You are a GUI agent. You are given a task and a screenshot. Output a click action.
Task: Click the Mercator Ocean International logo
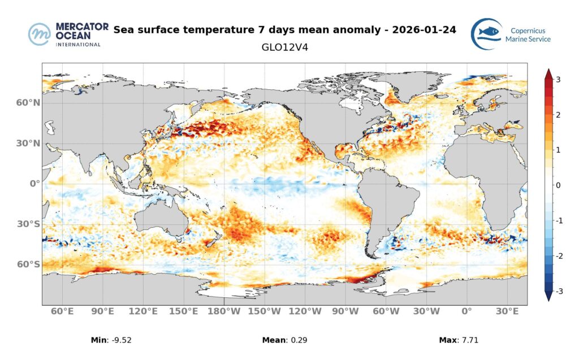pyautogui.click(x=64, y=34)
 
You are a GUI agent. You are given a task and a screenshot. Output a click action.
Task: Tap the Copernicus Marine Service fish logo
pyautogui.click(x=487, y=34)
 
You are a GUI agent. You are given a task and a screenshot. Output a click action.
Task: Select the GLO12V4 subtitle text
pyautogui.click(x=284, y=47)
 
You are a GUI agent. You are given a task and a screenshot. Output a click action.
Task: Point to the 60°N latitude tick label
pyautogui.click(x=28, y=103)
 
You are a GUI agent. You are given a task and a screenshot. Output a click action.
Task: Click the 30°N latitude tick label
pyautogui.click(x=28, y=144)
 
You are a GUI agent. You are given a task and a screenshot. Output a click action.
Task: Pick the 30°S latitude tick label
pyautogui.click(x=28, y=224)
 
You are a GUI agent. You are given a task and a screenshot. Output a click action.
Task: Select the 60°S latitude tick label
pyautogui.click(x=28, y=264)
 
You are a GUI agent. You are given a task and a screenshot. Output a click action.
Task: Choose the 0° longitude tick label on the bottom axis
pyautogui.click(x=467, y=311)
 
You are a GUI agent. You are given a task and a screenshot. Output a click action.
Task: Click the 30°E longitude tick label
pyautogui.click(x=507, y=311)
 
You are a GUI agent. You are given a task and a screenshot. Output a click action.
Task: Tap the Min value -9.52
pyautogui.click(x=122, y=340)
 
